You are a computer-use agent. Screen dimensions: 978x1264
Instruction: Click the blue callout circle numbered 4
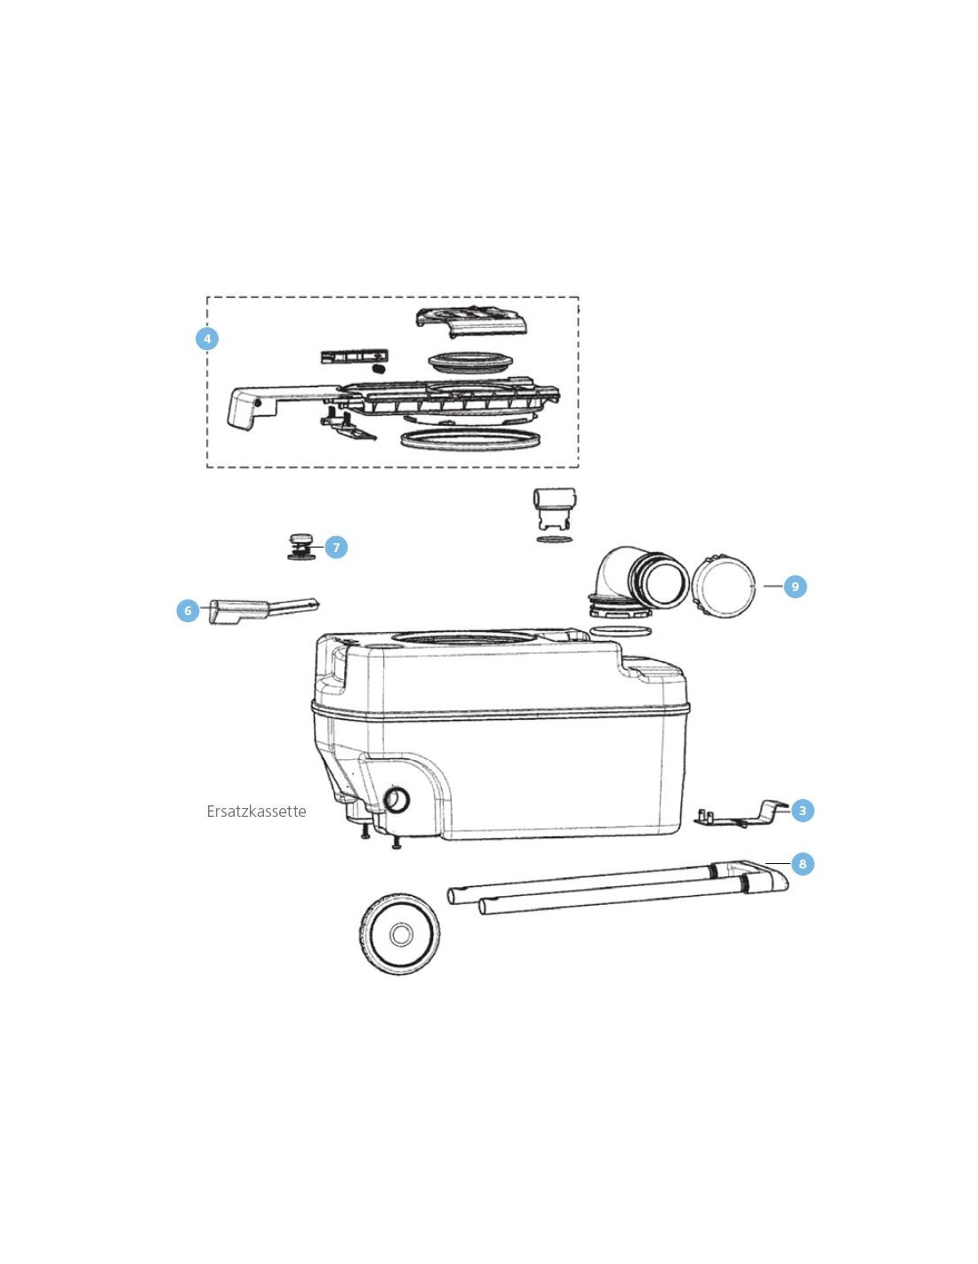207,340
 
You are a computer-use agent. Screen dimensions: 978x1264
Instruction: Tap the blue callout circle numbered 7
336,548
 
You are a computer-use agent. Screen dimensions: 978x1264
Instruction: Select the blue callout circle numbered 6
188,611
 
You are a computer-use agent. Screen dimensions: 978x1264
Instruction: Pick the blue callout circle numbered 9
795,587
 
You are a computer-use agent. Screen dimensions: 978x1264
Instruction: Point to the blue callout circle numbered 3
802,811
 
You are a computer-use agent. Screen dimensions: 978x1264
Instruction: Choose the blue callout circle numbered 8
802,864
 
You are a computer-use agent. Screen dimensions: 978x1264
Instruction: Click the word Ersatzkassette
256,812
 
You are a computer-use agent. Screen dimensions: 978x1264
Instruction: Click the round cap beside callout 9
723,587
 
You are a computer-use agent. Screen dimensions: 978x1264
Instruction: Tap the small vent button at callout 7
301,546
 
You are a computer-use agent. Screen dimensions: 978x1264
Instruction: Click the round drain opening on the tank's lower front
397,799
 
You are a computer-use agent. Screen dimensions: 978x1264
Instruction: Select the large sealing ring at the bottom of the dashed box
473,440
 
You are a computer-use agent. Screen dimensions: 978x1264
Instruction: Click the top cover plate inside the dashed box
472,322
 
